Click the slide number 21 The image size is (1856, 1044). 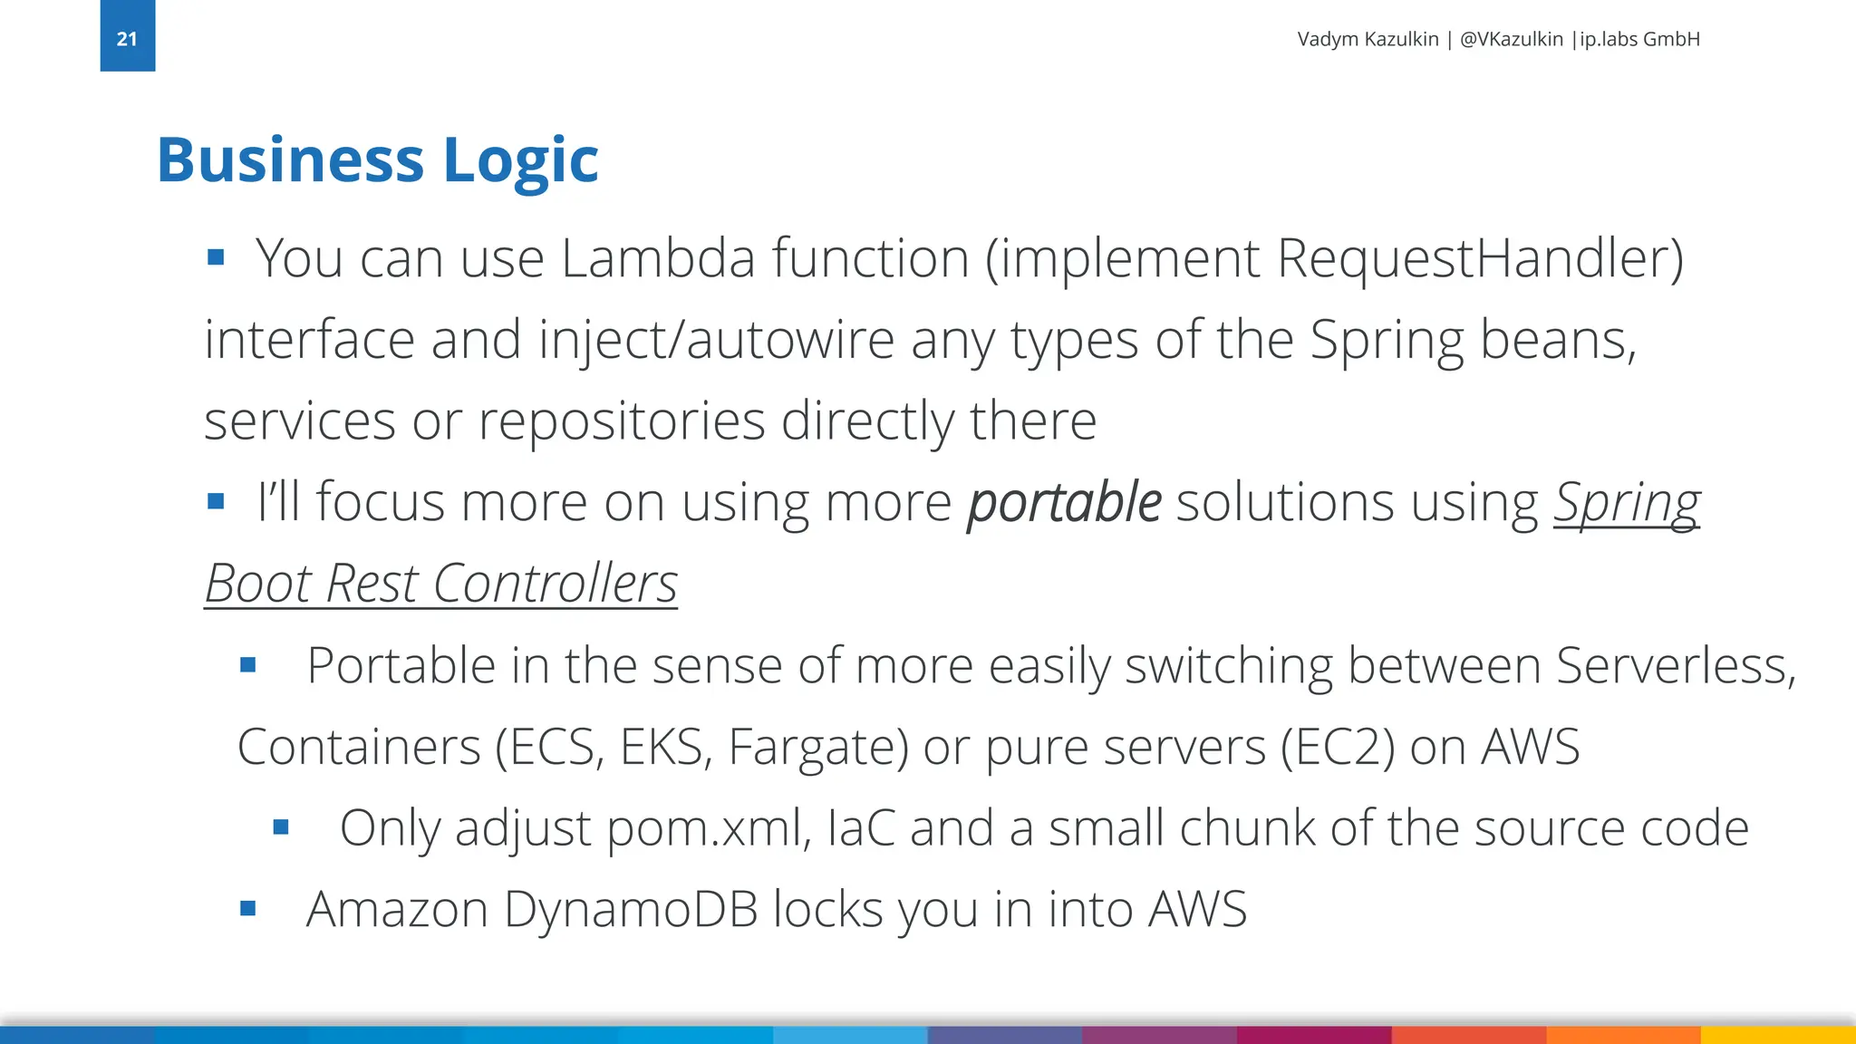click(x=127, y=39)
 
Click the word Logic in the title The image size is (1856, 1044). click(x=520, y=160)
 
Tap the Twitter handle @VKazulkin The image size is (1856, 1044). click(x=1511, y=39)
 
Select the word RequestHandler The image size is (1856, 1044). click(x=1479, y=258)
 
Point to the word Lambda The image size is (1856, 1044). click(x=658, y=258)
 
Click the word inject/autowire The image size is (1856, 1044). click(x=717, y=340)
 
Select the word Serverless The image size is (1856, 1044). click(x=1676, y=666)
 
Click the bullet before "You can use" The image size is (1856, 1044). click(x=216, y=258)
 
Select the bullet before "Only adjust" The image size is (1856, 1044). click(x=281, y=827)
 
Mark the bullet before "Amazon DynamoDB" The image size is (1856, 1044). click(x=248, y=908)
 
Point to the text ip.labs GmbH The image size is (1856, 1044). click(x=1639, y=39)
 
